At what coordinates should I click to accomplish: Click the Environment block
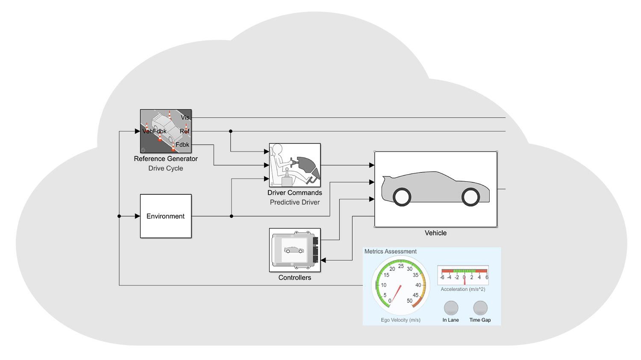[166, 216]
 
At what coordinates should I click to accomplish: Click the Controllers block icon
[294, 250]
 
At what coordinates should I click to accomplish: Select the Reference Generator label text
[166, 158]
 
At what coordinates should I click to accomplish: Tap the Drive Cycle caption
[166, 168]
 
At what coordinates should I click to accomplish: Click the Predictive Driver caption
[294, 202]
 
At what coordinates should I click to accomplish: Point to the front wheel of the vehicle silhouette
[470, 196]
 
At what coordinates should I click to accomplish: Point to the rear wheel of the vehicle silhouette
[402, 196]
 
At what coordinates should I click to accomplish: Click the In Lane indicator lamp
[451, 308]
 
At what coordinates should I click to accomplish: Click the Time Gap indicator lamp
[480, 308]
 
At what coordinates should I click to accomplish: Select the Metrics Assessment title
[390, 252]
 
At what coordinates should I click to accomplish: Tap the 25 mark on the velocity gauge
[401, 266]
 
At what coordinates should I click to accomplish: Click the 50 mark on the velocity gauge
[409, 301]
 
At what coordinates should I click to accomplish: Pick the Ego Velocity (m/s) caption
[400, 320]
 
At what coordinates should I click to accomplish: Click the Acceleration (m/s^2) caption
[463, 289]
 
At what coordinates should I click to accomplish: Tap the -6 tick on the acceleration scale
[442, 277]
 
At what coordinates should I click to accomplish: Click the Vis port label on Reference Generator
[185, 117]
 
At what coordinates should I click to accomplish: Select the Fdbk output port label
[182, 145]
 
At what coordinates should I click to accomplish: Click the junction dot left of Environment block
[119, 216]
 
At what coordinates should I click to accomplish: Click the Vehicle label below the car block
[435, 233]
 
